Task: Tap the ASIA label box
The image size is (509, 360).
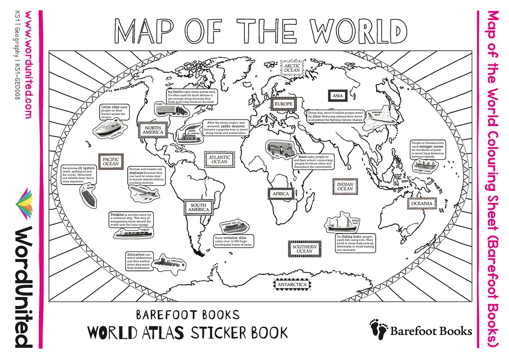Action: pos(337,96)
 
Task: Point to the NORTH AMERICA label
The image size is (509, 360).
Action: pos(150,131)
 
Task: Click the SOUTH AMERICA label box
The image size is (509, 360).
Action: pos(199,207)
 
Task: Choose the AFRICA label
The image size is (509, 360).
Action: pos(281,194)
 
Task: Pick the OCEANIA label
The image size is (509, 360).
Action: pos(422,204)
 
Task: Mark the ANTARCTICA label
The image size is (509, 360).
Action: pos(292,284)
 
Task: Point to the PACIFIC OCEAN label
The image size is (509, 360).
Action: pos(111,163)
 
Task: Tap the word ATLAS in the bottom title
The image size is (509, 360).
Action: pos(162,332)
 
